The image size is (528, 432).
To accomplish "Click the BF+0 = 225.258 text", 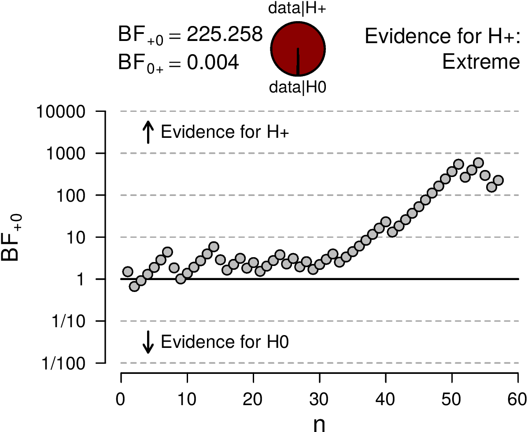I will point(190,36).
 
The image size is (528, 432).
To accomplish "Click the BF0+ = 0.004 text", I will point(178,63).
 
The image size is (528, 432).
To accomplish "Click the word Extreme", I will point(481,63).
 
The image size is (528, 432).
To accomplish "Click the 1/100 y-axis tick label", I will point(66,363).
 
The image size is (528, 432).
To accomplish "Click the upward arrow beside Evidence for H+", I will point(148,133).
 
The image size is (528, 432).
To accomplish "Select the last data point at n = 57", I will point(498,181).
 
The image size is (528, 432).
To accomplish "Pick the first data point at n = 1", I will point(128,272).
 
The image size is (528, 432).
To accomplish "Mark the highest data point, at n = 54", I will point(478,163).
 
